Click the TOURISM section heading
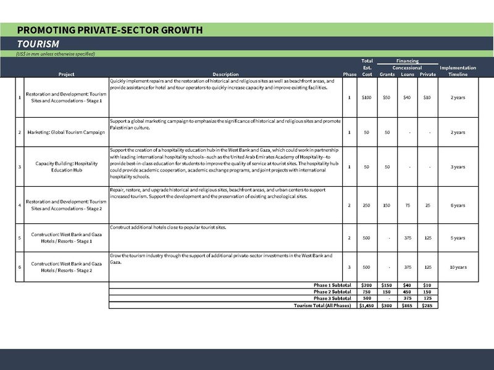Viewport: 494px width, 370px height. tap(38, 44)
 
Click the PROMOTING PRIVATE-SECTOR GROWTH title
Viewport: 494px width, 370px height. tap(110, 30)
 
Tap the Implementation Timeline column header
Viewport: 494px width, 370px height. tap(458, 71)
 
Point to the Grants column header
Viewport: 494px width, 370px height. tap(387, 75)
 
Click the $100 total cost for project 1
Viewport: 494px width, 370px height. tap(367, 97)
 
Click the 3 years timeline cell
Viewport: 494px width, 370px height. tap(458, 167)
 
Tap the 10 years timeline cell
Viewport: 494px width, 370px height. tap(458, 267)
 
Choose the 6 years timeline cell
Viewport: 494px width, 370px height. tap(458, 205)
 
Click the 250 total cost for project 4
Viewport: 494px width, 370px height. tap(367, 205)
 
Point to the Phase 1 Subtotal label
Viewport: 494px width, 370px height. tap(332, 286)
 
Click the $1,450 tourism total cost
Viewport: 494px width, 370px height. tap(367, 305)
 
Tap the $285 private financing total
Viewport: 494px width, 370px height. tap(427, 305)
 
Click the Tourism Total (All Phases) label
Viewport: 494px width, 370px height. tap(322, 305)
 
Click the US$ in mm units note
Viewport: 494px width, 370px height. tap(56, 54)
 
